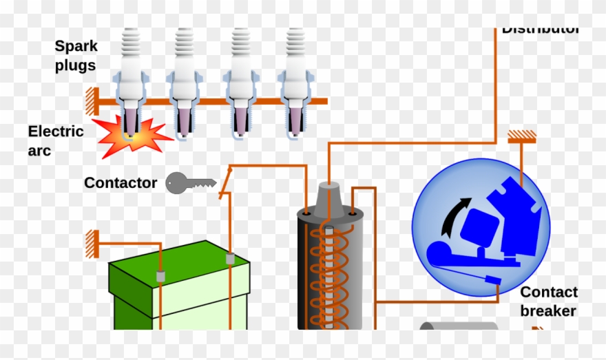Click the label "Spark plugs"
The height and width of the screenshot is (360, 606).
click(x=76, y=56)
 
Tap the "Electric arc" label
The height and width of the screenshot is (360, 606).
click(x=56, y=140)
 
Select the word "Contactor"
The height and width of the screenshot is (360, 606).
click(x=121, y=183)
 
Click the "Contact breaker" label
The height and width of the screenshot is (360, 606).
click(x=548, y=301)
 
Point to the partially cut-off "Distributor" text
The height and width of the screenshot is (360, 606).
click(x=540, y=30)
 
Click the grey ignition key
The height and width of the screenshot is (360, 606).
click(x=189, y=183)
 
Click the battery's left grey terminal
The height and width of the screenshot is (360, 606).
click(x=160, y=276)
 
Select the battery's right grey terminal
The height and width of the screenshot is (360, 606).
click(x=231, y=260)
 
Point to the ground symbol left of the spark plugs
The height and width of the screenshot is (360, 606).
click(x=90, y=102)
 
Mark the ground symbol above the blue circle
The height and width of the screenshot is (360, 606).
click(x=522, y=138)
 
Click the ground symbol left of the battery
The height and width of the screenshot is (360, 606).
click(x=90, y=244)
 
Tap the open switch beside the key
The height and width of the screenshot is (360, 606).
click(x=224, y=181)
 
